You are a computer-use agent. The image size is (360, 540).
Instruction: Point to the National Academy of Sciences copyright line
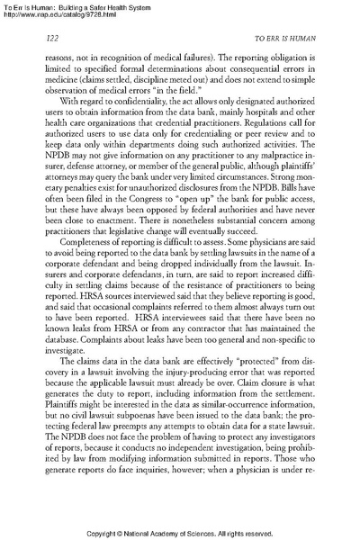(x=180, y=531)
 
